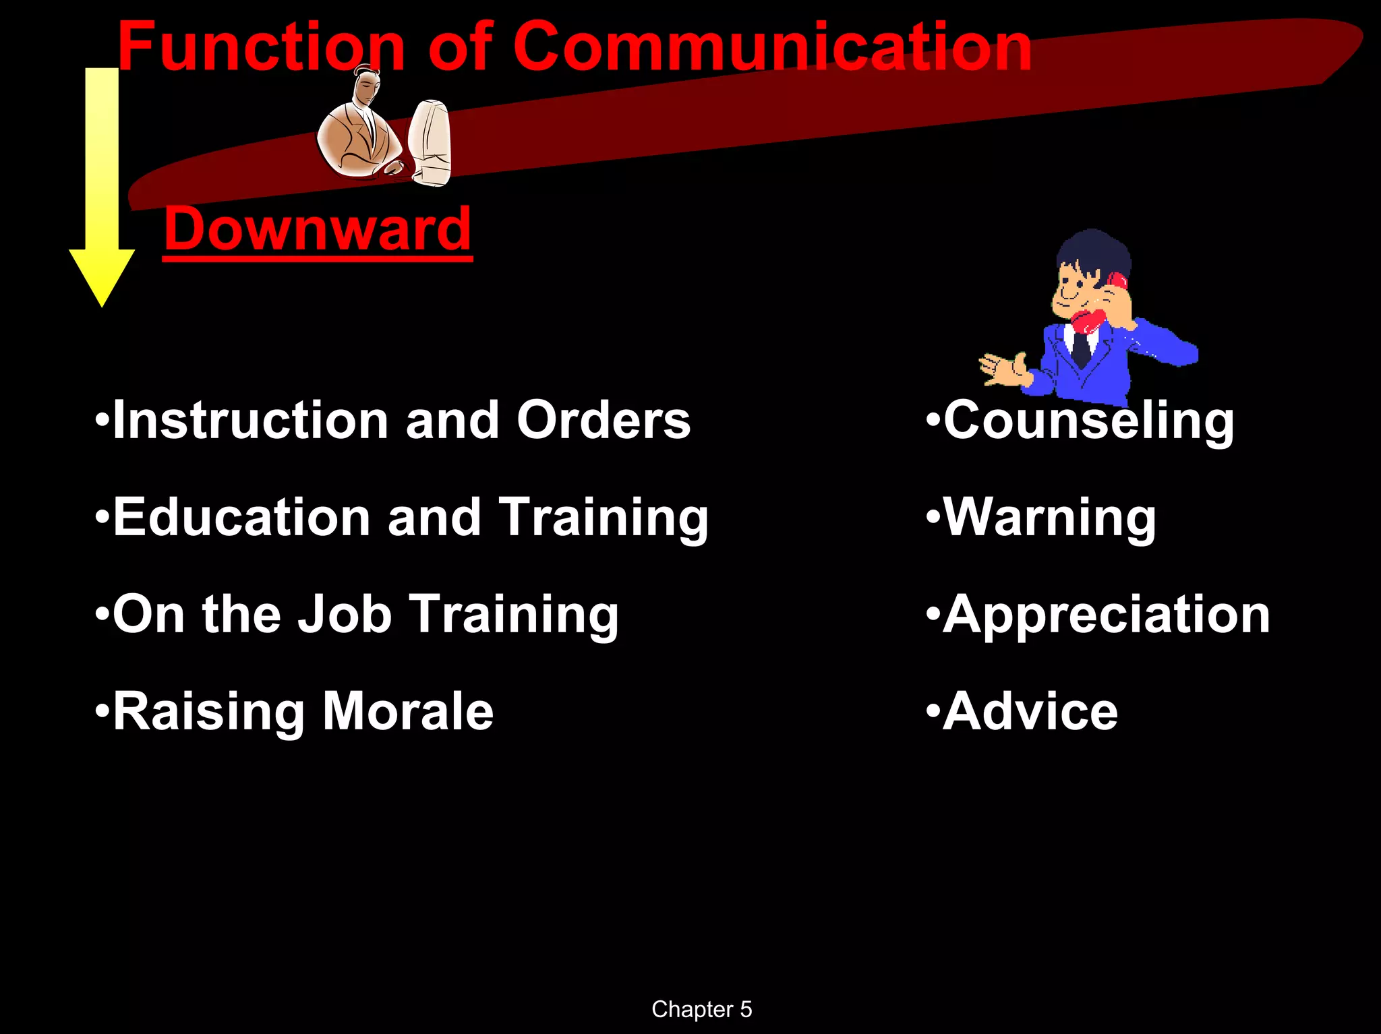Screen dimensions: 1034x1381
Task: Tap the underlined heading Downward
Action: pyautogui.click(x=317, y=229)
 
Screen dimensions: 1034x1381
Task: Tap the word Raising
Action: pyautogui.click(x=209, y=712)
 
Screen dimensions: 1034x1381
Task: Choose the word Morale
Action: pyautogui.click(x=408, y=712)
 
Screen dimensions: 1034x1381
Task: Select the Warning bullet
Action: pyautogui.click(x=1049, y=518)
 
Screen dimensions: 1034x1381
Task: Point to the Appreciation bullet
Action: pyautogui.click(x=1106, y=615)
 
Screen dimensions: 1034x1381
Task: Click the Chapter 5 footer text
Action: pyautogui.click(x=701, y=1009)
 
